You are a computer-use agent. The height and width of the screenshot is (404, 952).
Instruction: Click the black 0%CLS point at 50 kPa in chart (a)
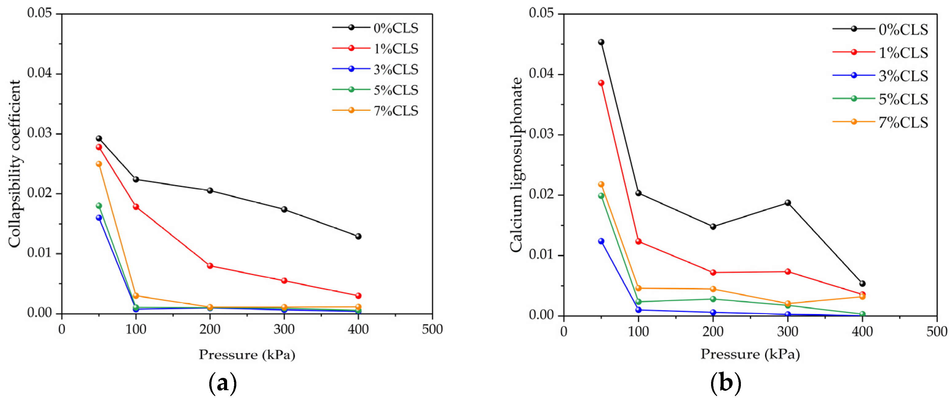[x=99, y=138]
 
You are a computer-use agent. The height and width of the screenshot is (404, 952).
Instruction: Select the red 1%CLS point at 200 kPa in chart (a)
[x=210, y=266]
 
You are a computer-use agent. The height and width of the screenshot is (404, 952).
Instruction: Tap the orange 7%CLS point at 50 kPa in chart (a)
[x=99, y=164]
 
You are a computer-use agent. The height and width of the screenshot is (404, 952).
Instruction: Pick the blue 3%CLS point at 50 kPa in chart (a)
[x=99, y=218]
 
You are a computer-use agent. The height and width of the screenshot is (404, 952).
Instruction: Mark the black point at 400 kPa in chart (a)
[x=358, y=236]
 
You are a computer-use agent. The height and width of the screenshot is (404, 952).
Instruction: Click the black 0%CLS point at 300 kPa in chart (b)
[x=788, y=203]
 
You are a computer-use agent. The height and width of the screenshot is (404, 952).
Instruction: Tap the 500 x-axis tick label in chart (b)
[x=936, y=332]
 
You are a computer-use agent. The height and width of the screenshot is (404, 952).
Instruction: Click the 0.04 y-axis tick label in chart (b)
[x=541, y=73]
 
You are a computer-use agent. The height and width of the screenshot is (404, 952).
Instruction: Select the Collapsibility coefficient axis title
[x=15, y=164]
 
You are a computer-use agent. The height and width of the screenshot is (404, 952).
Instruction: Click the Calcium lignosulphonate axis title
[x=516, y=165]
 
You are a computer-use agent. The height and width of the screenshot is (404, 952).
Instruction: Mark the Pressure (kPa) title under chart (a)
[x=247, y=355]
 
